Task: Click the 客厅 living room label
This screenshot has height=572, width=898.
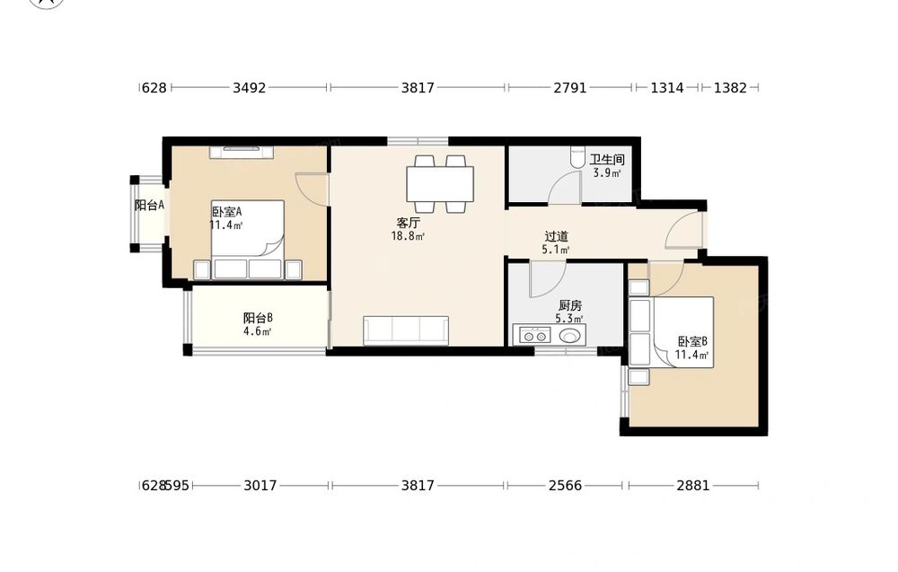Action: (x=409, y=223)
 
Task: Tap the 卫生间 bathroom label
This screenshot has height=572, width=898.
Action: (x=607, y=160)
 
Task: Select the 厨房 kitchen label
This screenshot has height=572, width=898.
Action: (x=570, y=305)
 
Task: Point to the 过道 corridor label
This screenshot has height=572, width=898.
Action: (x=556, y=236)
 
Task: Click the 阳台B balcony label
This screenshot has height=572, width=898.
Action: (x=258, y=318)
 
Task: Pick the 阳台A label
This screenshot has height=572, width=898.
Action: (x=149, y=205)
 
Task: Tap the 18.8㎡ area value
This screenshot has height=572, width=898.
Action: (x=408, y=236)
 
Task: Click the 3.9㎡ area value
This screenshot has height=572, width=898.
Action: (x=607, y=173)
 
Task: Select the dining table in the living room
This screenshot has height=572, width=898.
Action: (x=440, y=183)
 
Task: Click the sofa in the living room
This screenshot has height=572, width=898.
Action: (x=406, y=330)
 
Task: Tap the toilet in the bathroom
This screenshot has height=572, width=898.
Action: (x=577, y=157)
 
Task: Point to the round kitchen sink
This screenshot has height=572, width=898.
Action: (x=569, y=336)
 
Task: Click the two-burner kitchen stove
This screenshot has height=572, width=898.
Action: (x=535, y=335)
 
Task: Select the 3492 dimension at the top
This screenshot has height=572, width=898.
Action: (x=249, y=88)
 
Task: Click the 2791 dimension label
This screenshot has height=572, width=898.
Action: (x=570, y=88)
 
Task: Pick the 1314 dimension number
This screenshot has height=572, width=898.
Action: (x=667, y=88)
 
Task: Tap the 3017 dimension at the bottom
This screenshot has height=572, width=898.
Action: (x=260, y=486)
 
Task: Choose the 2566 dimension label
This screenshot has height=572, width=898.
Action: (x=565, y=486)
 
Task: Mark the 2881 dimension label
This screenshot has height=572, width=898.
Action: (x=693, y=486)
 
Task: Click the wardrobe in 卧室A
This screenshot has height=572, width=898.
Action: (x=241, y=153)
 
